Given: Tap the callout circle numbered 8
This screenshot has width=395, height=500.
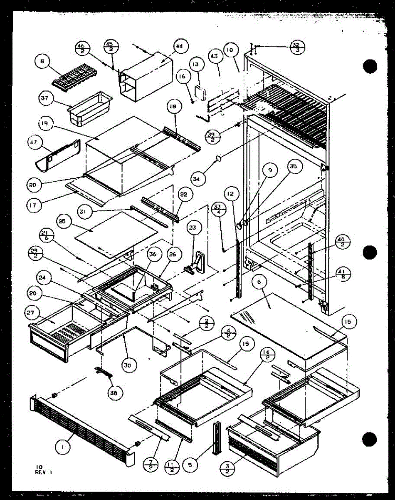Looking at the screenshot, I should [x=42, y=62].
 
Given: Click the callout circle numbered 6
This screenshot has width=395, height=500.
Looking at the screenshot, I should [x=259, y=282].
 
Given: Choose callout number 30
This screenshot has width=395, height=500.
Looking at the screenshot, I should [x=128, y=365].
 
